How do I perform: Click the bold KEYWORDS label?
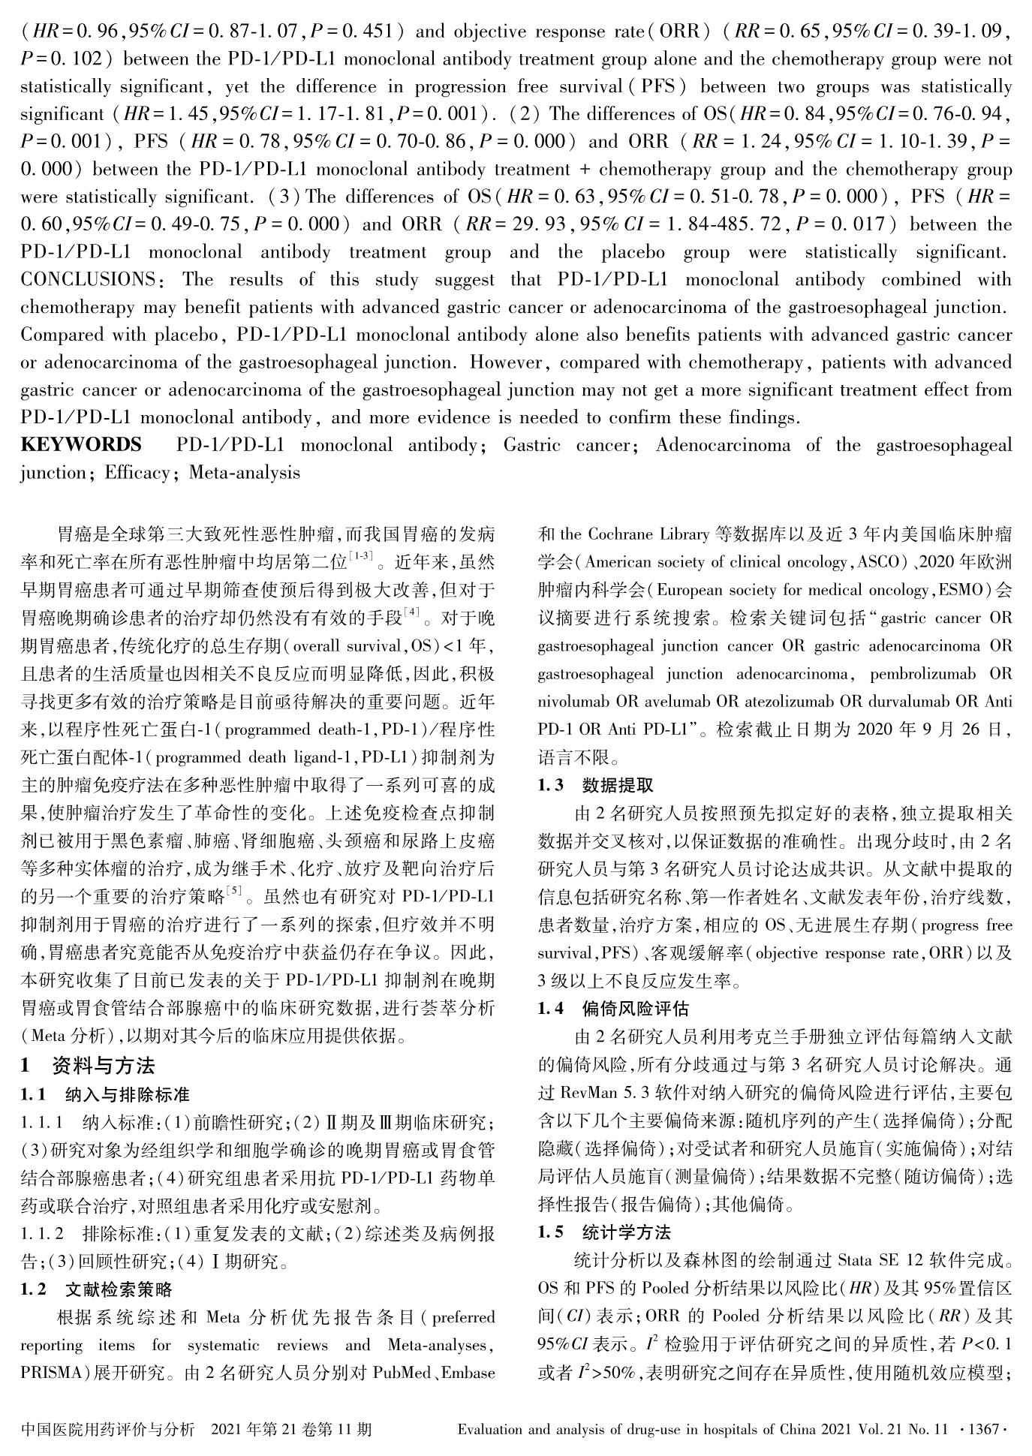(x=81, y=445)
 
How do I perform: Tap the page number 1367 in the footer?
(x=982, y=1428)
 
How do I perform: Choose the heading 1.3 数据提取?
(x=597, y=785)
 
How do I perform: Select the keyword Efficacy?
(x=137, y=473)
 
